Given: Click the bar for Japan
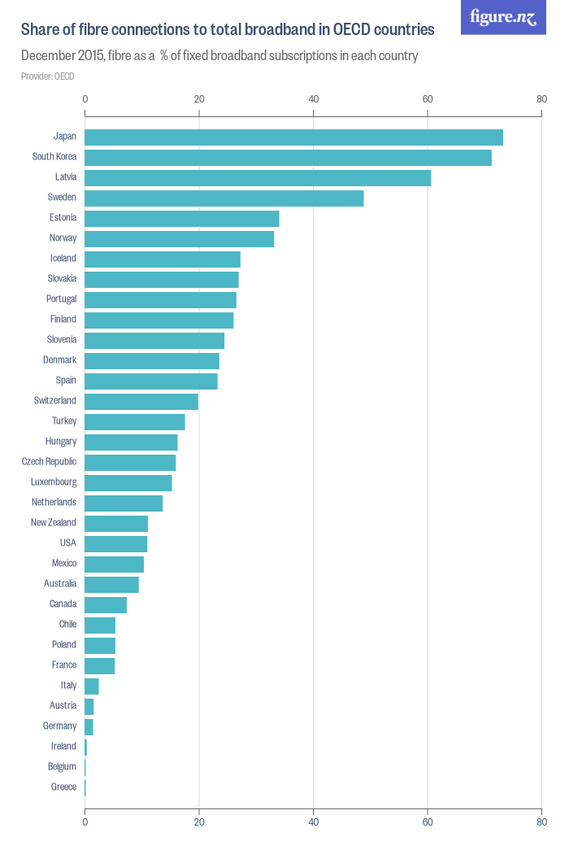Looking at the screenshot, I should [x=293, y=137].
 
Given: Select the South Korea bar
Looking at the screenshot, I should [x=288, y=158].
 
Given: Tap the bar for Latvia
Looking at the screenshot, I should [x=258, y=178].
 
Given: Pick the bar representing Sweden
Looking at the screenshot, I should [x=224, y=198].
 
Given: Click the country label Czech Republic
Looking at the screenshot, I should [x=49, y=461].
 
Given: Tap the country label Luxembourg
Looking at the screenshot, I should [x=53, y=481].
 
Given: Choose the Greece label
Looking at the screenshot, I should [x=63, y=786].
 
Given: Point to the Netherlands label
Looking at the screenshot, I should [x=54, y=502].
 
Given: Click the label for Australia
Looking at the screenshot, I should [x=60, y=583].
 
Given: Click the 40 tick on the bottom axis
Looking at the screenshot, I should [x=313, y=821].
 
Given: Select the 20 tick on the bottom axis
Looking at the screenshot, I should [x=199, y=821].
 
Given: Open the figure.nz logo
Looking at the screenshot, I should [x=503, y=17].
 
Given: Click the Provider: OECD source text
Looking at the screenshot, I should [x=47, y=76].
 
